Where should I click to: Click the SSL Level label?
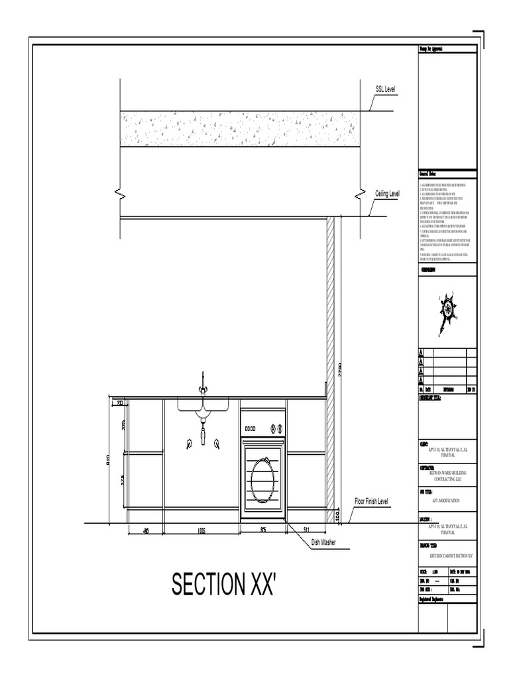pyautogui.click(x=386, y=89)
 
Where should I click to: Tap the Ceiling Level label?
pyautogui.click(x=388, y=193)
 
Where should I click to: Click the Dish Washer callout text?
pyautogui.click(x=323, y=542)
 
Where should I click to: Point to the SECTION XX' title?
pyautogui.click(x=223, y=584)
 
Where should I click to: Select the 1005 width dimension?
pyautogui.click(x=201, y=530)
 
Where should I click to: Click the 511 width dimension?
pyautogui.click(x=306, y=530)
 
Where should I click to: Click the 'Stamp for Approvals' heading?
pyautogui.click(x=434, y=50)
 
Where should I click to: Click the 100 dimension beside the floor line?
pyautogui.click(x=337, y=515)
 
